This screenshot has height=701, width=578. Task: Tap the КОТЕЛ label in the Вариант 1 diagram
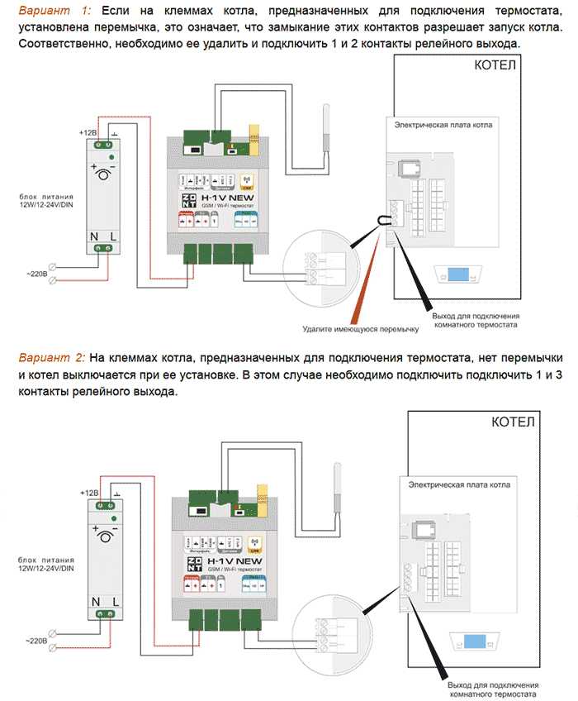pos(495,66)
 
